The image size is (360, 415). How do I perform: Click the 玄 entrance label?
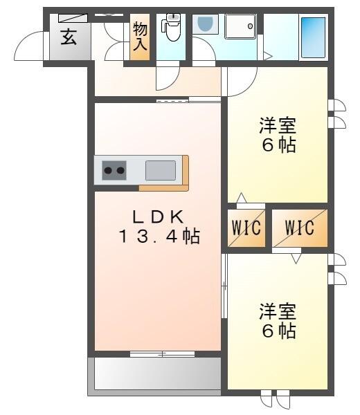coord(69,37)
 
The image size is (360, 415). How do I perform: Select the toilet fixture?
coord(171,27)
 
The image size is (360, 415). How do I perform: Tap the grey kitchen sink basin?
coord(160,169)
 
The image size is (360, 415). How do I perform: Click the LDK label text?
coord(157,216)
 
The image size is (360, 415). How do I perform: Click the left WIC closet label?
coord(246,228)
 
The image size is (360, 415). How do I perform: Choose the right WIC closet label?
coord(299,228)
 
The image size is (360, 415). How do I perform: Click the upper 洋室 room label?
coord(278,127)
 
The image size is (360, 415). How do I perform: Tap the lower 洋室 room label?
coord(278,311)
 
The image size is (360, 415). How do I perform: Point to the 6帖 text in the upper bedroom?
coord(278,146)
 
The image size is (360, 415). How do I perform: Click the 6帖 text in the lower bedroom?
coord(278,330)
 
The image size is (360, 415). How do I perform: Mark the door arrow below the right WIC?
coord(296,258)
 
